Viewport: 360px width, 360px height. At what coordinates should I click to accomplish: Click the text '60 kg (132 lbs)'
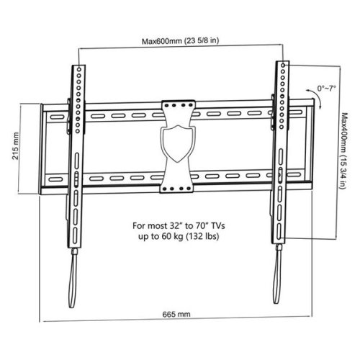(x=189, y=236)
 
